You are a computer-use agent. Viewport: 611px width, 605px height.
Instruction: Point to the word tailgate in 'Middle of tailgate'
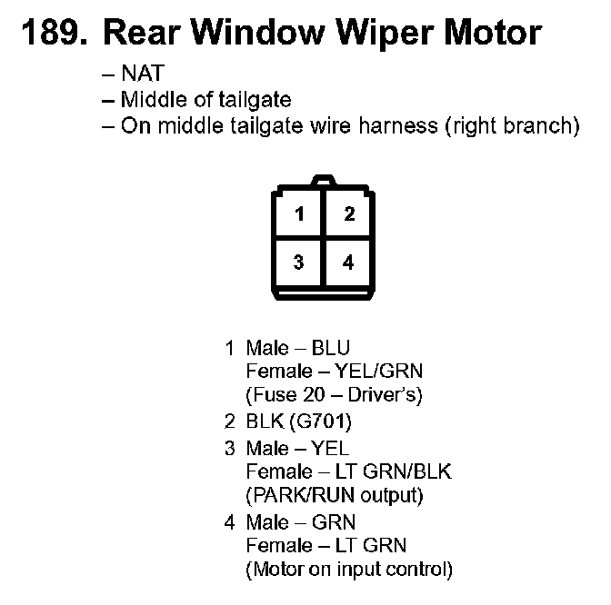click(x=257, y=100)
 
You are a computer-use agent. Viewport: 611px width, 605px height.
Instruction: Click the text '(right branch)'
click(x=512, y=126)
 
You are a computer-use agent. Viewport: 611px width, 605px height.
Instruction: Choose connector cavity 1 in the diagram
click(x=298, y=215)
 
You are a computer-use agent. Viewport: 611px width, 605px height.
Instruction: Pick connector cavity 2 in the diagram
click(x=348, y=215)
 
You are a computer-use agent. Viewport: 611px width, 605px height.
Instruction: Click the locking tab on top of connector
click(x=324, y=182)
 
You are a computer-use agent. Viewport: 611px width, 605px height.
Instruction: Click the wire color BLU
click(x=331, y=347)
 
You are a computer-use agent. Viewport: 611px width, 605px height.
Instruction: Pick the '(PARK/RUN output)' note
click(x=334, y=496)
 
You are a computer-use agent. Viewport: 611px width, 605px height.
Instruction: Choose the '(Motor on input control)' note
click(x=348, y=570)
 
